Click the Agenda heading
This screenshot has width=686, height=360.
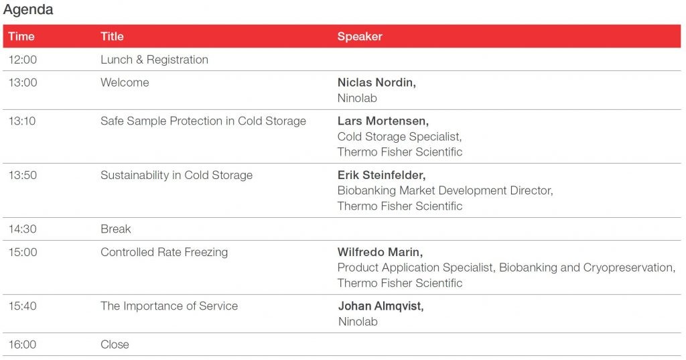tap(28, 9)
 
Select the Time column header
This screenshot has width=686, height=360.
tap(21, 36)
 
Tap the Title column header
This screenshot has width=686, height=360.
tap(112, 36)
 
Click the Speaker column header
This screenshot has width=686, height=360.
tap(360, 36)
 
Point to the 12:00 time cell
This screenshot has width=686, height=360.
tap(23, 60)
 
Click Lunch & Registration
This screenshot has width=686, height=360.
tap(155, 60)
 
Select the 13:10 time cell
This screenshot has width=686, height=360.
tap(22, 121)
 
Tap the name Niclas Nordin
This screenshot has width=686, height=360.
tap(376, 82)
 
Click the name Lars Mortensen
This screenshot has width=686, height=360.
tap(383, 121)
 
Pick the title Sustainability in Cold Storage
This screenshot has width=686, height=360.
tap(177, 175)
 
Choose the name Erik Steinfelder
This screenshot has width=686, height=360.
tap(381, 175)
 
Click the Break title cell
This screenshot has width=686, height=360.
tap(116, 229)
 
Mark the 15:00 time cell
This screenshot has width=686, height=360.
tap(23, 252)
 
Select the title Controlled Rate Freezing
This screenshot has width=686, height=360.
tap(165, 252)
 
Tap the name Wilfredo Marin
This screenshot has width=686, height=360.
tap(381, 252)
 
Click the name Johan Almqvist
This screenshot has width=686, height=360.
tap(381, 306)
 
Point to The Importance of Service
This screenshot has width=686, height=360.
tap(169, 306)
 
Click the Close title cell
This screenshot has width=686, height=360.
tap(115, 345)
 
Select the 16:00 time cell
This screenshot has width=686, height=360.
tap(23, 345)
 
